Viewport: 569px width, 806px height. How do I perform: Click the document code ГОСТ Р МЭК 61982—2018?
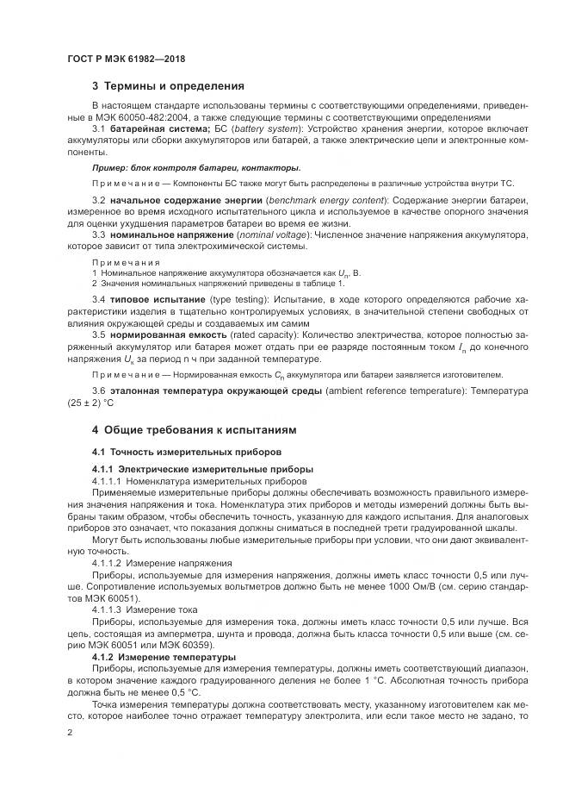[126, 59]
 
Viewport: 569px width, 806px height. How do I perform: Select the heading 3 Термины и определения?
[168, 86]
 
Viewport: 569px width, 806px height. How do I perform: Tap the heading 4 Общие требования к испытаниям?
[194, 428]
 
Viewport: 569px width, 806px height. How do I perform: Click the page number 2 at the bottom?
[69, 733]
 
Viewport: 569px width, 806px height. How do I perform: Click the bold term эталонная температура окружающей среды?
[225, 391]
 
